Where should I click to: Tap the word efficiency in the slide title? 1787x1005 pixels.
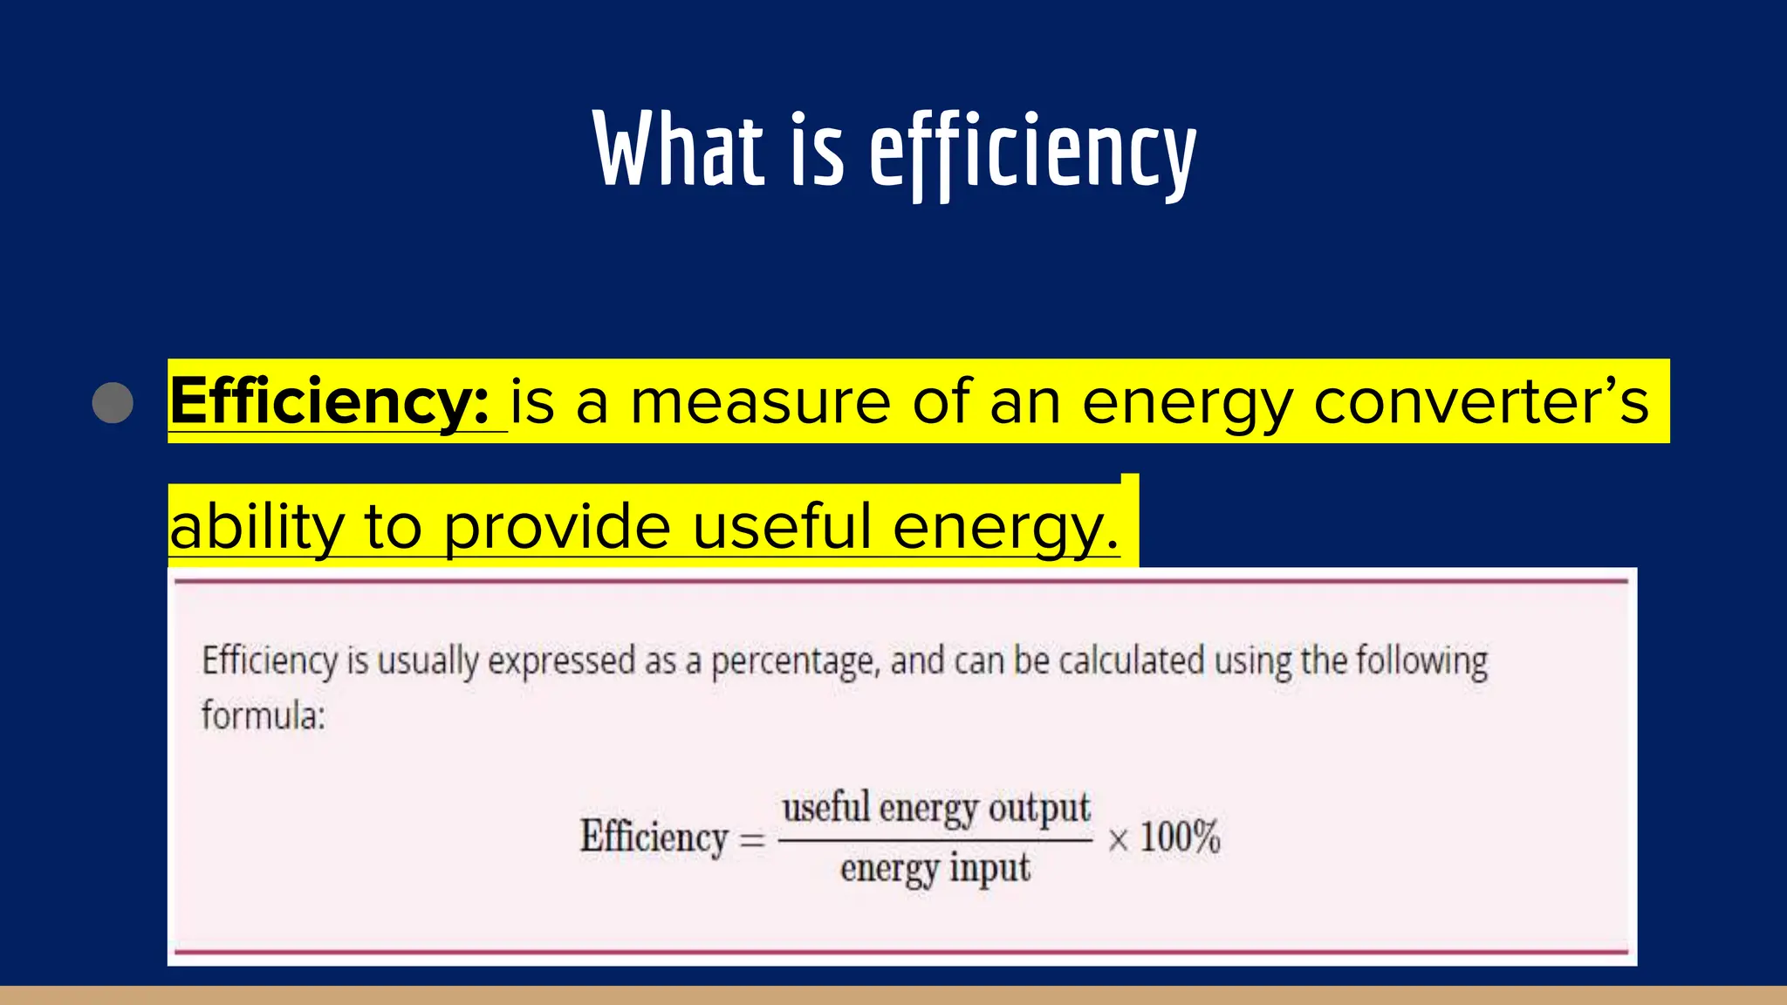point(1032,154)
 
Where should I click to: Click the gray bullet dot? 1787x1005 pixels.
point(113,402)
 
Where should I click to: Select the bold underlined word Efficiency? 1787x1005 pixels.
point(330,402)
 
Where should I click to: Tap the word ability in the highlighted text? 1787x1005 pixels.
point(257,528)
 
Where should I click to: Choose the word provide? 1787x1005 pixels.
point(558,528)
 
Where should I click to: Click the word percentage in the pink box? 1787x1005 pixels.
point(792,662)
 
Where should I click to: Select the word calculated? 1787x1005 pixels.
point(1131,660)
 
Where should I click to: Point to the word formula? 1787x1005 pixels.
point(264,715)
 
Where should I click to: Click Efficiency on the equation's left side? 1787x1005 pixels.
point(654,837)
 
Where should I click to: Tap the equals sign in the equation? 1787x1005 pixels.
point(752,840)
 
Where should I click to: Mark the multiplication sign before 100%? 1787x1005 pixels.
point(1118,840)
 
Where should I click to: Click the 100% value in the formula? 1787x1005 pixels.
point(1180,837)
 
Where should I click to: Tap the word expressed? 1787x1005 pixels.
point(561,662)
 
